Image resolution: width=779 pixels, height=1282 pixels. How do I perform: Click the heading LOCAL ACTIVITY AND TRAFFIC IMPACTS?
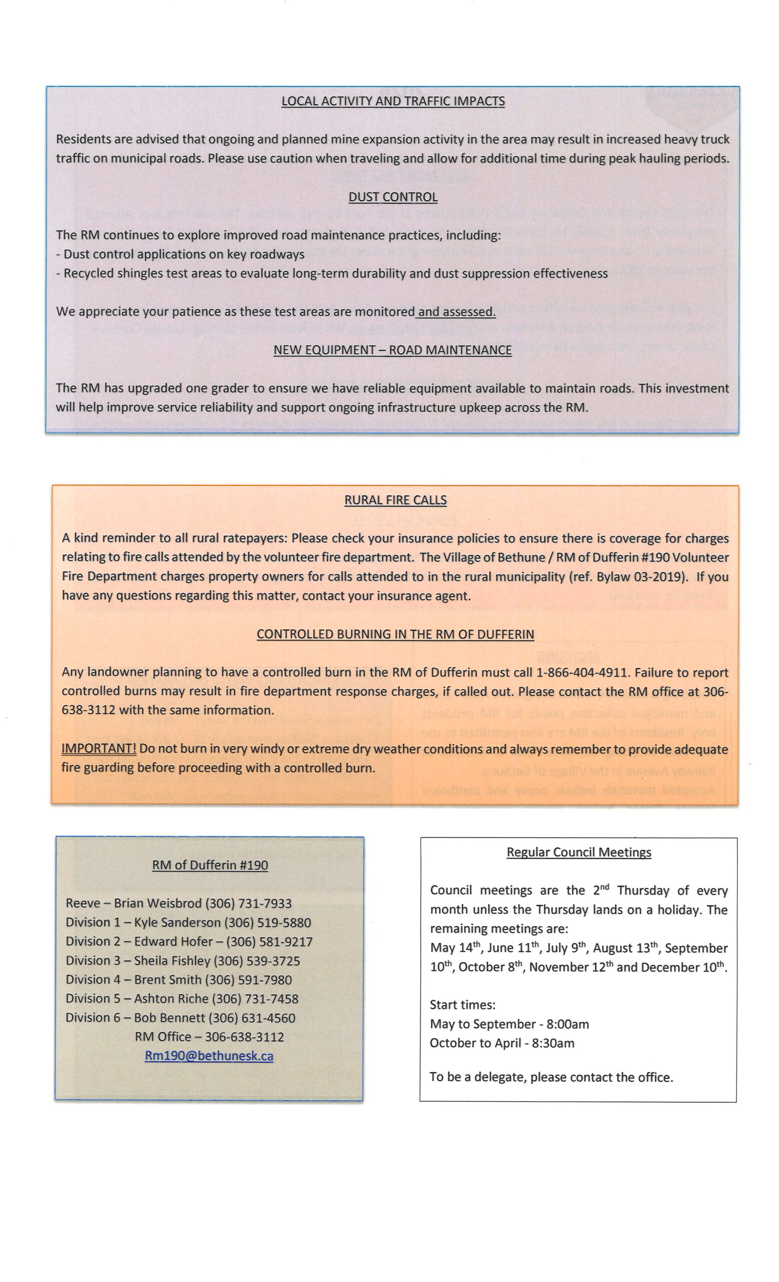[x=393, y=101]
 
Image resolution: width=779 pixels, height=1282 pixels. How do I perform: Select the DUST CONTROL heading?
[x=393, y=197]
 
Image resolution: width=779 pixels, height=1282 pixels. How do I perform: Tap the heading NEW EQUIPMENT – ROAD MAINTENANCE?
[x=393, y=350]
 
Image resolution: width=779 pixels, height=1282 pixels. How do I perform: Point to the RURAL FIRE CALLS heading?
[x=395, y=499]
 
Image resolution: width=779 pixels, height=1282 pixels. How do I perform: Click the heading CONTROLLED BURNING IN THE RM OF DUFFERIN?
[x=395, y=633]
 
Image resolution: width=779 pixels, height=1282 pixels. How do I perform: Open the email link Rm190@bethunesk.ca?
[x=209, y=1056]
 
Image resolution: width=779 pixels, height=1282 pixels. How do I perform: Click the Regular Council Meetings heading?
[x=578, y=852]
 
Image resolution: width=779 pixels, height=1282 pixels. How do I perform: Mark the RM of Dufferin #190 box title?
[x=210, y=865]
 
